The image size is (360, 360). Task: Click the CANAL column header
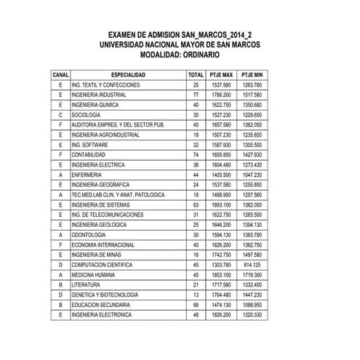pyautogui.click(x=60, y=75)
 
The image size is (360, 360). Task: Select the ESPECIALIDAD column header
pyautogui.click(x=127, y=75)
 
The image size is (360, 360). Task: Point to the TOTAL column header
pyautogui.click(x=196, y=75)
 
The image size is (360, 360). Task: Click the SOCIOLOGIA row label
pyautogui.click(x=87, y=115)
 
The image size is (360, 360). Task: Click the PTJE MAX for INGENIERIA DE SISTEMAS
pyautogui.click(x=221, y=205)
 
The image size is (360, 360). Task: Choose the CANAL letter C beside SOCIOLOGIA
pyautogui.click(x=60, y=115)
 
